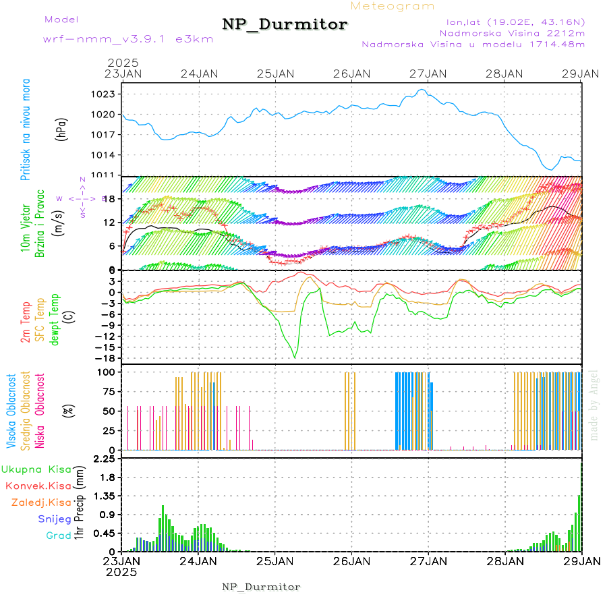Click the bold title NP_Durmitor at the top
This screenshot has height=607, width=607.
pos(285,25)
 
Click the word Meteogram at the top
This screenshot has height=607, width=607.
pos(393,7)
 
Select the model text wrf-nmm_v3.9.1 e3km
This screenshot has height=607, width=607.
pos(119,39)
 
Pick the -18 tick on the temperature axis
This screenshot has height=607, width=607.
pos(105,358)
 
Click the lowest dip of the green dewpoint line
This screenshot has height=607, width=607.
pos(295,357)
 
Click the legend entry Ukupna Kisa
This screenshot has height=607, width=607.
pos(36,469)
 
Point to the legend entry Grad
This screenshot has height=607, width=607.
pos(59,536)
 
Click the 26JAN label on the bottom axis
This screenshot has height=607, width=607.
pos(351,560)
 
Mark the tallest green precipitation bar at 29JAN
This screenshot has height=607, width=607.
pos(579,523)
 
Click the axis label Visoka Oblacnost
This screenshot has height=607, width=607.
pos(12,411)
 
